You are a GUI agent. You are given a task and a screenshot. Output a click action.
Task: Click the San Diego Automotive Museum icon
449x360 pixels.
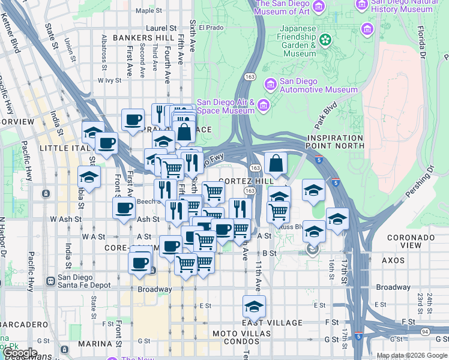pos(271,84)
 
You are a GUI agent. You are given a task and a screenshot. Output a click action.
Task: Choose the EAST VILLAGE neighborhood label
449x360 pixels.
pos(265,323)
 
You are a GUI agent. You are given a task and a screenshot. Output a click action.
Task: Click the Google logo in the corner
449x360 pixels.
pos(19,353)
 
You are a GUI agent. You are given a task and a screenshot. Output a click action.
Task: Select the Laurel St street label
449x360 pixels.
pos(162,28)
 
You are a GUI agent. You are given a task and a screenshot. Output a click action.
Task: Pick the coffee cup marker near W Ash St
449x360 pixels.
pos(124,208)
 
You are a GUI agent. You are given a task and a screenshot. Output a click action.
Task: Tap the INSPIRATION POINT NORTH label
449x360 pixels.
pos(336,142)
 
